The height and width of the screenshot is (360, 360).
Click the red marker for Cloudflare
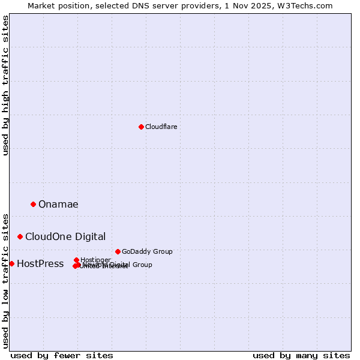coord(141,127)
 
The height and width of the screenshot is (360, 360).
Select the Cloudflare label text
coord(161,127)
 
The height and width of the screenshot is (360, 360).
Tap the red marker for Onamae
coord(33,204)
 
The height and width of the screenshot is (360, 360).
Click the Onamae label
coord(58,204)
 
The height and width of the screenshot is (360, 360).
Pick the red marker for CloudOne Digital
coord(20,236)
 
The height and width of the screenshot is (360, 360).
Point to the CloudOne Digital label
coord(65,236)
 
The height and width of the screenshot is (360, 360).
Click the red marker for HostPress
coord(11,263)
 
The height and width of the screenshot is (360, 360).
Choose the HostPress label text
coord(40,264)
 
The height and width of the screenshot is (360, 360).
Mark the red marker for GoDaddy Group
coord(118,251)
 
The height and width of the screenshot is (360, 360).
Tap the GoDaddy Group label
coord(147,251)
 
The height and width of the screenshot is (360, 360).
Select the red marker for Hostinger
coord(76,260)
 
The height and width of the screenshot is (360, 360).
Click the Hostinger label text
coord(95,260)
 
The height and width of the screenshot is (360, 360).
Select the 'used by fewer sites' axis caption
coord(62,355)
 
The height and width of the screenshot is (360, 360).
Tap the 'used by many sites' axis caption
coord(301,355)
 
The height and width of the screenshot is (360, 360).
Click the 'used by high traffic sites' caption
coord(5,86)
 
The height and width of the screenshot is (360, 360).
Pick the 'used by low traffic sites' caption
coord(5,280)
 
